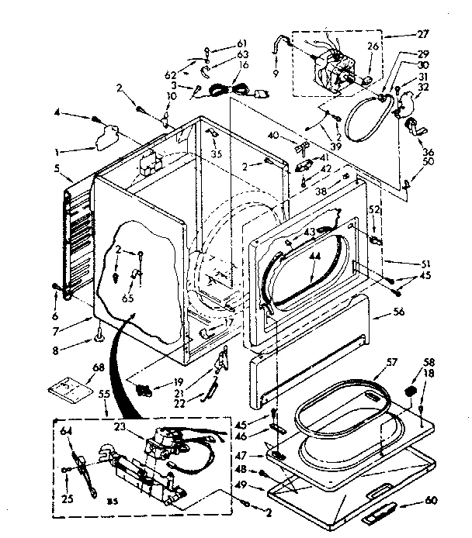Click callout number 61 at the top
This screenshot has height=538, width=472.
point(242,42)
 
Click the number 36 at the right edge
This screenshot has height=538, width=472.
point(429,152)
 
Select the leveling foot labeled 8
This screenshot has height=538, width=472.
point(101,336)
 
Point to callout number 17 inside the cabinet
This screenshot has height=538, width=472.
point(227,322)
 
